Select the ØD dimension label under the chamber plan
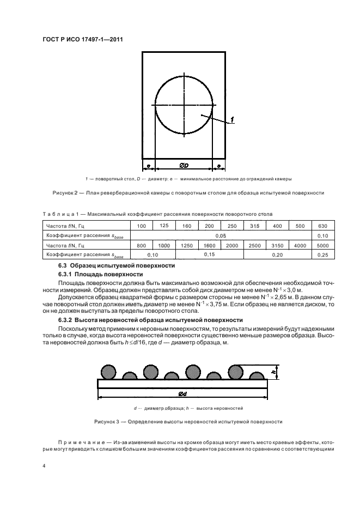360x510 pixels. [x=184, y=165]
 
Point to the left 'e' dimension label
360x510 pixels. [x=148, y=165]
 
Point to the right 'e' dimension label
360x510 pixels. [x=218, y=165]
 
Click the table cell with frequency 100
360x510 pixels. [x=142, y=226]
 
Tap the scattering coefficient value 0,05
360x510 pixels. [x=221, y=235]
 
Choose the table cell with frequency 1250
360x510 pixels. [x=187, y=246]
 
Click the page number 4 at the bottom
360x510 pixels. [x=44, y=466]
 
